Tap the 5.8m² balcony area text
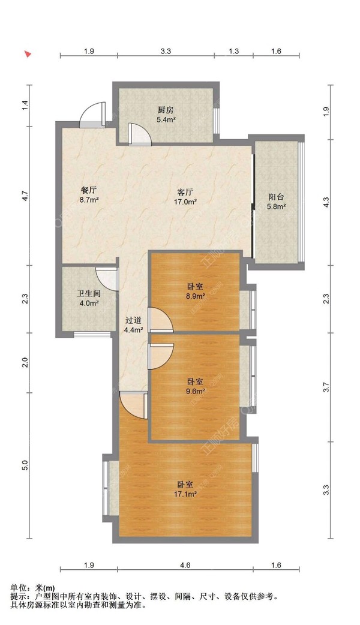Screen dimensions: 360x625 (x=276, y=206)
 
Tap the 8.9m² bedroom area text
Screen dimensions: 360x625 (x=196, y=296)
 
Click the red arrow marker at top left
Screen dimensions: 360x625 (x=28, y=54)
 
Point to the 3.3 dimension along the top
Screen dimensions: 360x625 (x=166, y=50)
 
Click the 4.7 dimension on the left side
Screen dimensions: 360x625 (x=25, y=196)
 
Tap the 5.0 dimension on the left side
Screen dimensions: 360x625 (x=25, y=465)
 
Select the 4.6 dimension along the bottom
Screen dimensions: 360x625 (x=185, y=565)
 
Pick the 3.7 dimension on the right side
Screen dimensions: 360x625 (x=326, y=387)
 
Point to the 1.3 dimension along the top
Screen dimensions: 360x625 (x=234, y=50)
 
